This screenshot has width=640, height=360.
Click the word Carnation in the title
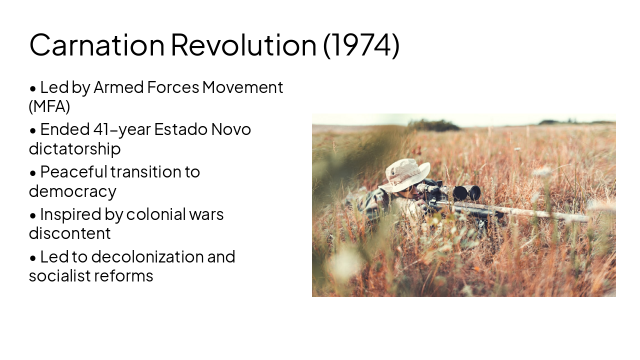[96, 44]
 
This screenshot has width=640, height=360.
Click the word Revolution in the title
[243, 44]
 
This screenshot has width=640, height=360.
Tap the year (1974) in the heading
[361, 44]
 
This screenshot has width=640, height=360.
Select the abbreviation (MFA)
[49, 106]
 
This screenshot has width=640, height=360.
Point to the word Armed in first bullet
[118, 87]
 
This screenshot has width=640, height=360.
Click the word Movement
[242, 87]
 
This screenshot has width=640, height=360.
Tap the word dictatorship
[74, 149]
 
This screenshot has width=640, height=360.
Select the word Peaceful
[73, 172]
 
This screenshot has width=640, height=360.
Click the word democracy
[72, 191]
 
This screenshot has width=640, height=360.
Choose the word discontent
[69, 233]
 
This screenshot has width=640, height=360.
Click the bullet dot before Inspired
[33, 215]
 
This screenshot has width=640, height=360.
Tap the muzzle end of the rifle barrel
[587, 218]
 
